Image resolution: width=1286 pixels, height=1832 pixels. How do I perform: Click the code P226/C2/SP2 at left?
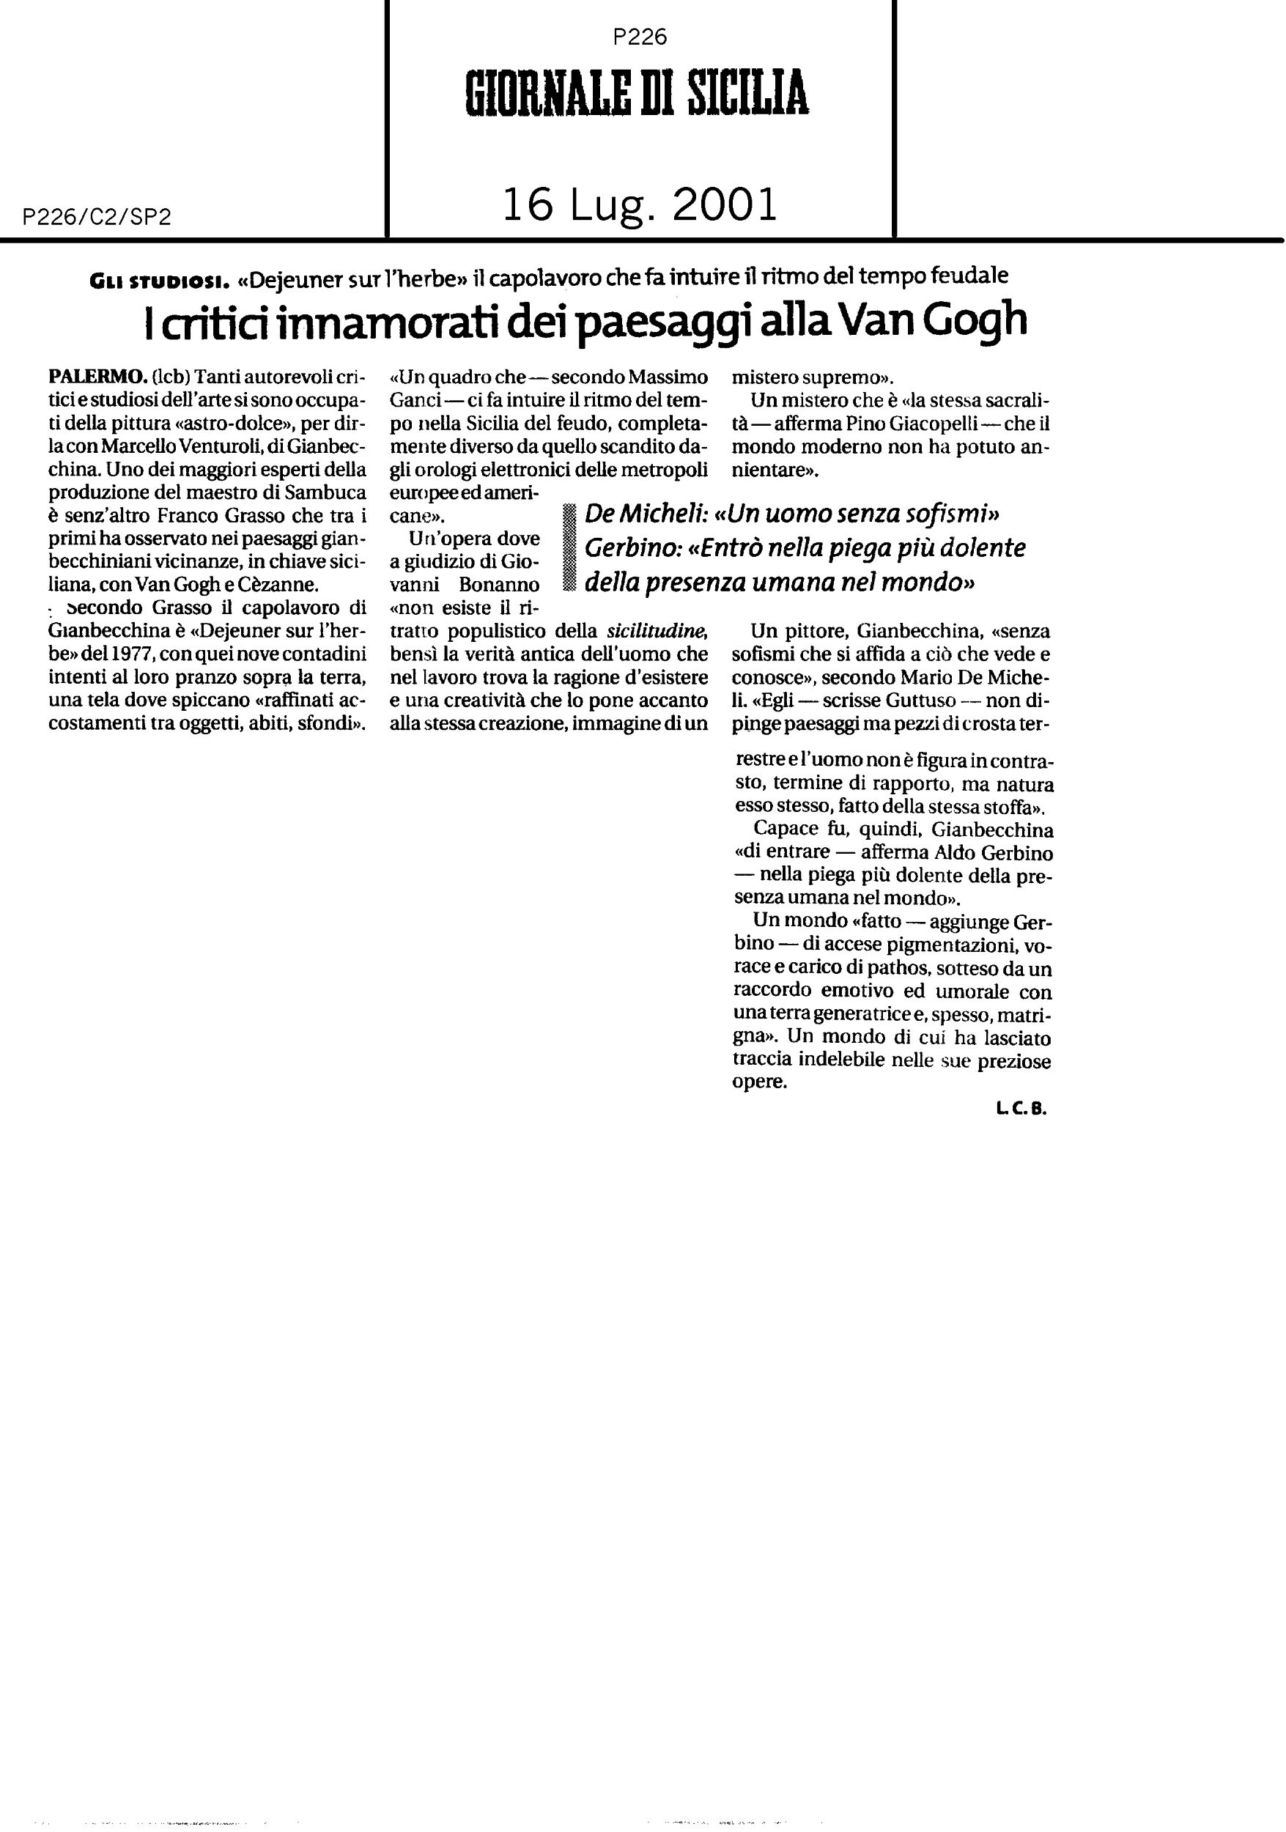point(97,217)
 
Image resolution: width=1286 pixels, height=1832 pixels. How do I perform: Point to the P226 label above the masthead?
point(640,37)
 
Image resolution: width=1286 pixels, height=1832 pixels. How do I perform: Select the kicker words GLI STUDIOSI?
point(160,278)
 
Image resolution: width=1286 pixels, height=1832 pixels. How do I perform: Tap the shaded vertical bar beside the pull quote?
point(568,548)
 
